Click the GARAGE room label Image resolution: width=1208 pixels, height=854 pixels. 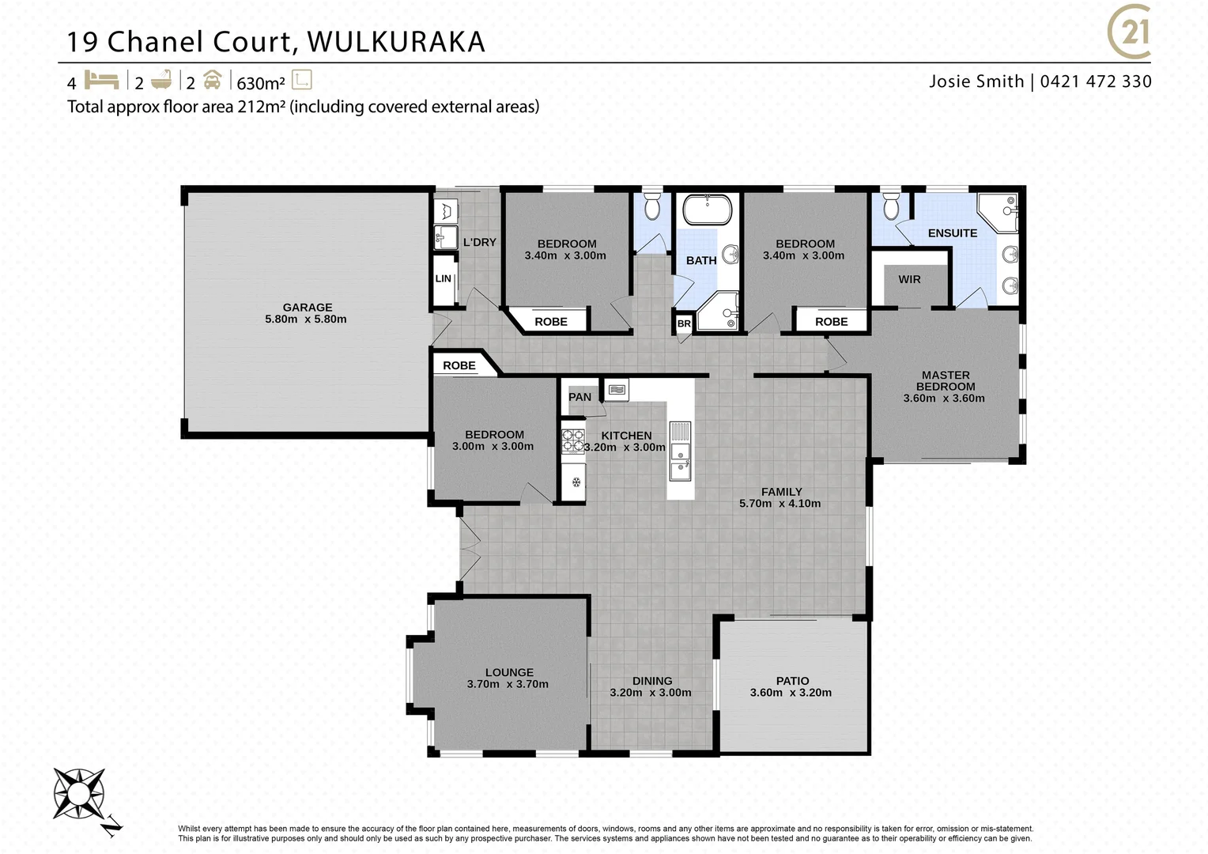tap(308, 308)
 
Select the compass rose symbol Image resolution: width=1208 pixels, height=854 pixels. tap(79, 793)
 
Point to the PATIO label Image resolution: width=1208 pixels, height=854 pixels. tap(792, 681)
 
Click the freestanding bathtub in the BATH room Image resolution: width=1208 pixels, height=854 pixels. tap(708, 212)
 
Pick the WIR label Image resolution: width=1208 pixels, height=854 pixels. tap(909, 279)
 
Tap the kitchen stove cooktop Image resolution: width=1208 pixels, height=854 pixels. tap(572, 440)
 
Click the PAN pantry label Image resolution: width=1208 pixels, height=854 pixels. tap(579, 397)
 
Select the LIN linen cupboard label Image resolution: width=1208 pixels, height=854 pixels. tap(444, 278)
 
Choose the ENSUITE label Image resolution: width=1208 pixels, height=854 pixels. tap(952, 233)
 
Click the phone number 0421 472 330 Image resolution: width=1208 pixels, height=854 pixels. tap(1096, 81)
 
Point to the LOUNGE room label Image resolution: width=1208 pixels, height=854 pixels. tap(509, 673)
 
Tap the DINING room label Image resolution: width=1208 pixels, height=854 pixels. tap(652, 681)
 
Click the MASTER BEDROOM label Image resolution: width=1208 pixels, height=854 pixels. tap(946, 381)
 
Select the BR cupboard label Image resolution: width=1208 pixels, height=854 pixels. tap(684, 324)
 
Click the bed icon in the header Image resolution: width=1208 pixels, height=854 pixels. tap(101, 81)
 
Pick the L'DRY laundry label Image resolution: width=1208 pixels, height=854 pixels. tap(479, 242)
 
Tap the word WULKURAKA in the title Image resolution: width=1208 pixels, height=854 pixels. tap(396, 42)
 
